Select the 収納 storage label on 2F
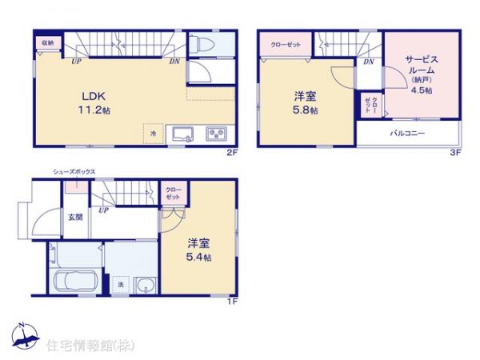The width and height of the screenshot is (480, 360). coord(47,43)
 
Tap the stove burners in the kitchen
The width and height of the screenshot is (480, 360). coord(216,132)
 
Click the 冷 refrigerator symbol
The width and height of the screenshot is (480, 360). coord(151,134)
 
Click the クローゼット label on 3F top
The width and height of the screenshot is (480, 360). coord(286,45)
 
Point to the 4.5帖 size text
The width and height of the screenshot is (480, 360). coord(422,91)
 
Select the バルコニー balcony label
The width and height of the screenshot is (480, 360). coord(407,133)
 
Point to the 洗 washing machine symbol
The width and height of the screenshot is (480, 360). coord(121,285)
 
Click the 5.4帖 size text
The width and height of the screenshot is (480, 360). coord(199,258)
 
